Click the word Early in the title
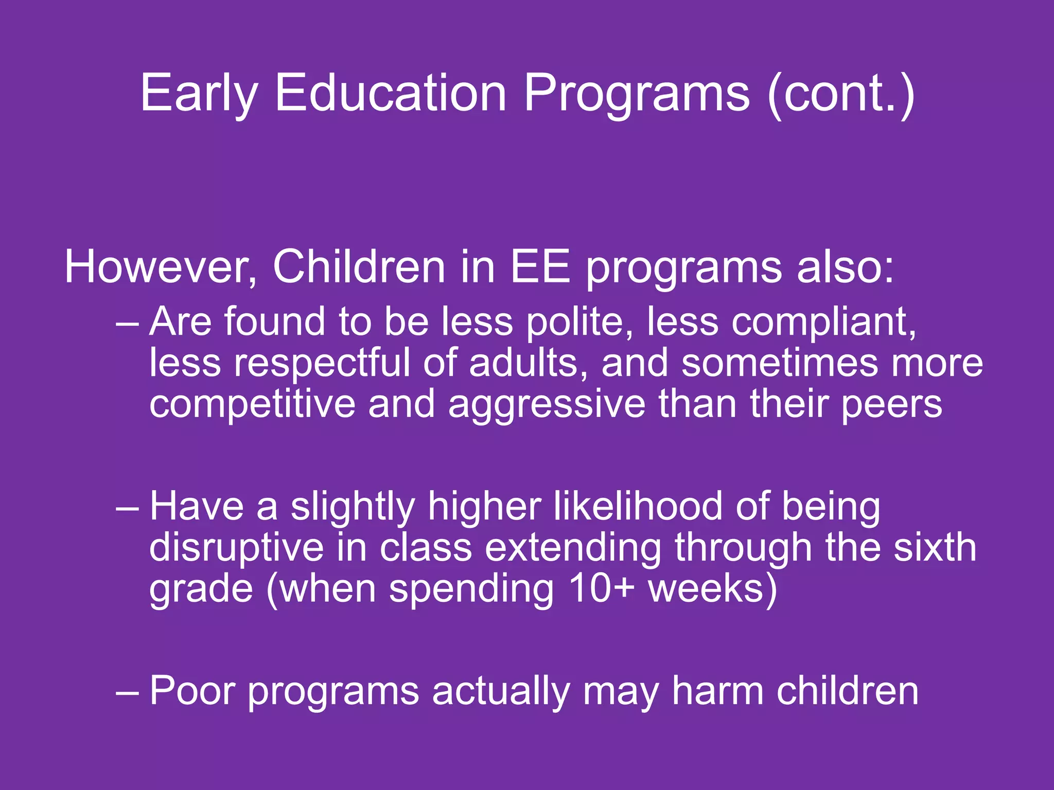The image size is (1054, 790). click(198, 94)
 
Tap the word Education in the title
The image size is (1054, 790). click(391, 93)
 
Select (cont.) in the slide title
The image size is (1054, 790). click(840, 94)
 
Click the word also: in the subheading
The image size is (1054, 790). click(846, 267)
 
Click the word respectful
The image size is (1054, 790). click(322, 363)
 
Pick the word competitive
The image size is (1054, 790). click(252, 404)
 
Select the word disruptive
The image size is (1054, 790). click(236, 548)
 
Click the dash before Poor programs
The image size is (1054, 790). click(127, 692)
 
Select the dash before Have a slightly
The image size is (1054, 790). click(127, 507)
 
